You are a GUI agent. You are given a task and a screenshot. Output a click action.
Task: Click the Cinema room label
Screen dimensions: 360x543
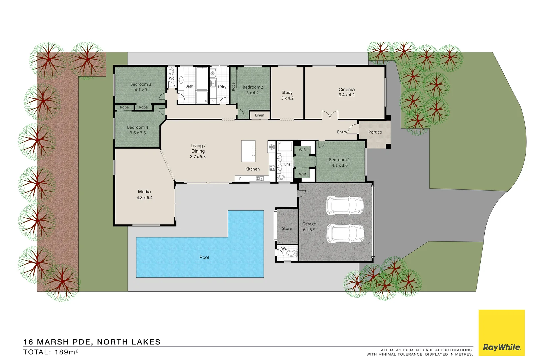coord(346,89)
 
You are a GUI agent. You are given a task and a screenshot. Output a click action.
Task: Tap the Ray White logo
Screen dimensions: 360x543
coord(501,347)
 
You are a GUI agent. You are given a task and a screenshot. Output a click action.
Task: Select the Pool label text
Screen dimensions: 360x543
coord(204,257)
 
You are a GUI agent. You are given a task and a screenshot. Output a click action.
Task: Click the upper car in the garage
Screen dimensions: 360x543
coord(344,205)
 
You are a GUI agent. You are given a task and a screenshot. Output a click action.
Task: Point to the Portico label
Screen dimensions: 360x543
coord(375,132)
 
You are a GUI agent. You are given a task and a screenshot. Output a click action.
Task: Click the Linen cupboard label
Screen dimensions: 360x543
coord(259,115)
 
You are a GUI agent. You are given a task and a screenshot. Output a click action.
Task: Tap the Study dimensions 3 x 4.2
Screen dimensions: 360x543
coord(287,98)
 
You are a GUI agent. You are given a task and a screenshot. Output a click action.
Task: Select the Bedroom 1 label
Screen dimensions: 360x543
coord(339,160)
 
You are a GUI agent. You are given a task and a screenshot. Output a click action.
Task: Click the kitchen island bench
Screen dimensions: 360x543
coord(248,151)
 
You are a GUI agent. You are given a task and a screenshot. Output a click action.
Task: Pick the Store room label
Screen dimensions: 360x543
coord(287,228)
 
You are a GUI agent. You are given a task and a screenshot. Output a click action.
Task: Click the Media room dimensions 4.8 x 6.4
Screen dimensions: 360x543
coord(144,198)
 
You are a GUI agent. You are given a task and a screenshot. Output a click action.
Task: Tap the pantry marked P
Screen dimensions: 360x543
coord(240,179)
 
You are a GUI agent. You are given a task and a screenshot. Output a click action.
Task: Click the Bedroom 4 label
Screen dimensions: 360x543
coord(137,127)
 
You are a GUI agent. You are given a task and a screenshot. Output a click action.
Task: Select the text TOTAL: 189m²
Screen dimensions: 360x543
coord(51,352)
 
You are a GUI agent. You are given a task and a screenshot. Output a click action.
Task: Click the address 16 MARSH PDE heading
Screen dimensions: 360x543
coord(92,342)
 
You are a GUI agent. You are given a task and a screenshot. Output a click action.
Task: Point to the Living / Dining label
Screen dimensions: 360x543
coord(198,148)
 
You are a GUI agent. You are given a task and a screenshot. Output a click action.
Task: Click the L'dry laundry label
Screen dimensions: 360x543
coord(222,87)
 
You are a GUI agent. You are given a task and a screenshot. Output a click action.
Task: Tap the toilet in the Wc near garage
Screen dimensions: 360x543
coord(291,254)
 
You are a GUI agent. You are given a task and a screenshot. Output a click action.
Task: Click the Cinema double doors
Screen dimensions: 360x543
coord(330,116)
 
